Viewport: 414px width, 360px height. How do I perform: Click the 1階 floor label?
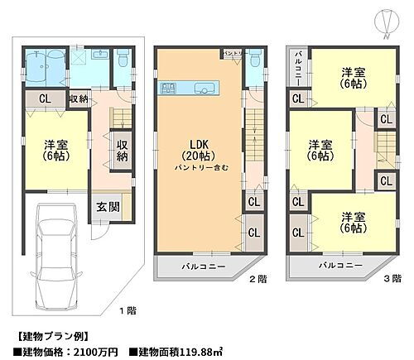click(126, 310)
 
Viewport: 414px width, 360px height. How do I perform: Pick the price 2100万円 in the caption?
click(92, 352)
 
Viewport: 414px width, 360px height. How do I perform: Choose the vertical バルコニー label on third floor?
click(297, 67)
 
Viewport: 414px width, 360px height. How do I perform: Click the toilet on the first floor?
click(122, 59)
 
